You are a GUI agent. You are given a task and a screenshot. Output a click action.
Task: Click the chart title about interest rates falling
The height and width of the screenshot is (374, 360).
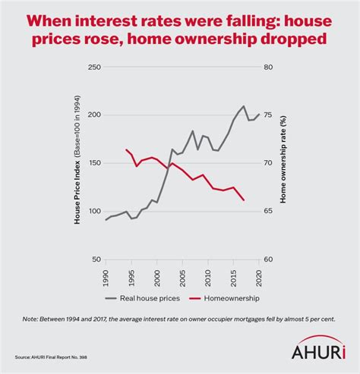click(180, 28)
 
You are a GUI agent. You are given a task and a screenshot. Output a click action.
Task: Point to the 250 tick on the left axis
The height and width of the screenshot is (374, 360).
click(93, 68)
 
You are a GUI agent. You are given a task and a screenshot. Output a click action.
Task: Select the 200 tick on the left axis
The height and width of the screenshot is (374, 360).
click(93, 115)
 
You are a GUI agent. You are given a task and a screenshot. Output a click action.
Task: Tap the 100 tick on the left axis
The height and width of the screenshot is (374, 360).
click(93, 211)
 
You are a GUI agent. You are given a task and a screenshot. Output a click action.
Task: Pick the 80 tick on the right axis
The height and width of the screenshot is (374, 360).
click(268, 68)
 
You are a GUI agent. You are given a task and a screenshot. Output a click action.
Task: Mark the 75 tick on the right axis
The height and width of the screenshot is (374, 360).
click(268, 115)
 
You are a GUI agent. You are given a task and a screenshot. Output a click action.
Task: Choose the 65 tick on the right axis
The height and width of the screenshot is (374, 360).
click(268, 211)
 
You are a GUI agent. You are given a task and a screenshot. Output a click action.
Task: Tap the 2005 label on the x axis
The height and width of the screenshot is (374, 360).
click(182, 276)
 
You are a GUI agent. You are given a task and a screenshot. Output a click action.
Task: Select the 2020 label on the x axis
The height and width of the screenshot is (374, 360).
click(258, 276)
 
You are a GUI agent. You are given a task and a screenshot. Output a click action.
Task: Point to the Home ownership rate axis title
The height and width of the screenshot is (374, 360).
click(283, 163)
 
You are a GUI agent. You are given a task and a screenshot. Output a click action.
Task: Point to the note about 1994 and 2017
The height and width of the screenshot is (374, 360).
click(180, 320)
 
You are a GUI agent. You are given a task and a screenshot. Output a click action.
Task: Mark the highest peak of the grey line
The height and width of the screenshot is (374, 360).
click(243, 106)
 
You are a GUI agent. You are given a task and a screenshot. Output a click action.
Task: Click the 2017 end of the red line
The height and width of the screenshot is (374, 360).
click(243, 200)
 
